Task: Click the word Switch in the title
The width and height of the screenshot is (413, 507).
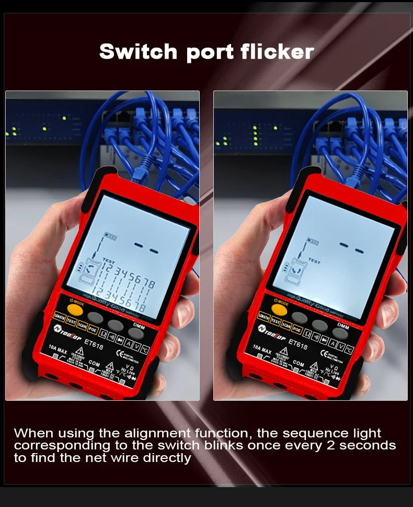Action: click(138, 51)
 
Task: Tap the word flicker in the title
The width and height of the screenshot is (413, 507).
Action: click(278, 51)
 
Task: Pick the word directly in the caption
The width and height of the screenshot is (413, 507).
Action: click(165, 458)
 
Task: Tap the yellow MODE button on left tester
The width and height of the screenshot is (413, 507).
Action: click(76, 310)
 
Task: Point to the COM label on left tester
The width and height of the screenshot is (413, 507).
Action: click(94, 362)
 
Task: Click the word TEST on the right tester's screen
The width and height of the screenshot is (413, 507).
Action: click(314, 260)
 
